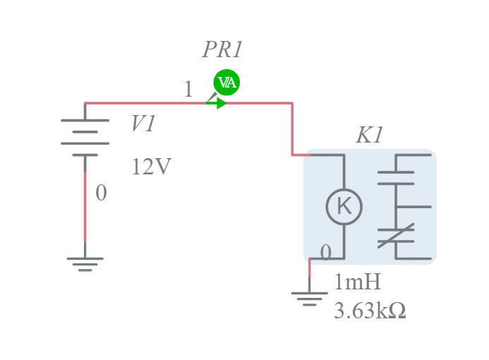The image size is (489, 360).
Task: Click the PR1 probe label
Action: click(222, 50)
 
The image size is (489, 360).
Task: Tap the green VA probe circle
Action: click(227, 83)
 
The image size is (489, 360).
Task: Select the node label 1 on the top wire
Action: click(188, 90)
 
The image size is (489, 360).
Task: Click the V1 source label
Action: click(143, 124)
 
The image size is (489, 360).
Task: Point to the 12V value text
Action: click(151, 167)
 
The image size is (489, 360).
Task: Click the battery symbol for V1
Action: click(85, 137)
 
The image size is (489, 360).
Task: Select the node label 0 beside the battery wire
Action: click(101, 193)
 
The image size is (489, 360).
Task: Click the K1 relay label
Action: click(369, 136)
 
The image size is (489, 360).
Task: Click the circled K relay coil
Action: click(344, 207)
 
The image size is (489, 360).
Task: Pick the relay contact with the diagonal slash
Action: click(395, 236)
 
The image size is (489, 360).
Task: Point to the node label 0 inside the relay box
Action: click(325, 252)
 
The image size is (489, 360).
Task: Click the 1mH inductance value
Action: click(357, 282)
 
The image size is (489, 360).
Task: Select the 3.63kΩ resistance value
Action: click(369, 311)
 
